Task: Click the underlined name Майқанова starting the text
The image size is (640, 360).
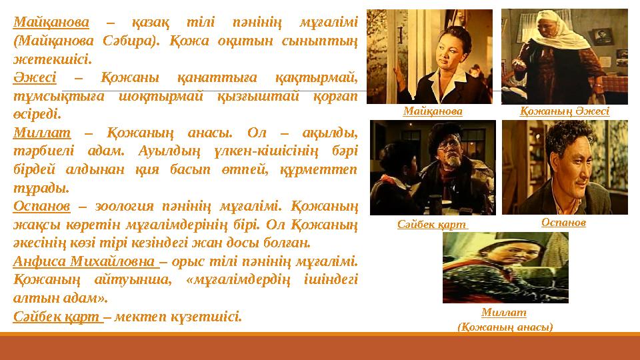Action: tap(51, 23)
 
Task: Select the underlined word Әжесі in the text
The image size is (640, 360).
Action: tap(34, 77)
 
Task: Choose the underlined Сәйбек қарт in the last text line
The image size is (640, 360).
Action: tap(57, 315)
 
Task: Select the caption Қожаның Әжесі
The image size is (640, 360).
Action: tap(564, 112)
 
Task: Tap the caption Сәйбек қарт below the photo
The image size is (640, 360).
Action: tap(432, 225)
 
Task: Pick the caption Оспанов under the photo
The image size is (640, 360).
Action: tap(564, 222)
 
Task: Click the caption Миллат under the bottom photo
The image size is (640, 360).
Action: tap(504, 313)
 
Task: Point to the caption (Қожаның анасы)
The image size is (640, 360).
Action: tap(504, 327)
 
